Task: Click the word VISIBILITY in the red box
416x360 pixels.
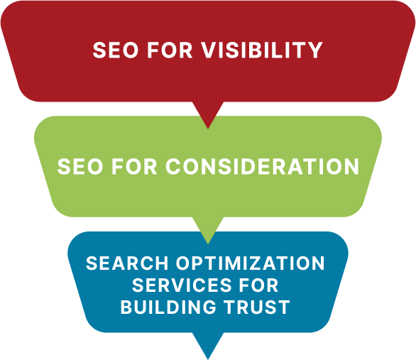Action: pyautogui.click(x=262, y=50)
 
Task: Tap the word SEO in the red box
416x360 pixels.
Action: pyautogui.click(x=116, y=50)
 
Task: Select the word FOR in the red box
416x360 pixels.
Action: pyautogui.click(x=170, y=50)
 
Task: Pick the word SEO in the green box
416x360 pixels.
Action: pyautogui.click(x=80, y=166)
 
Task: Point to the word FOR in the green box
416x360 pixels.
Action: pyautogui.click(x=134, y=166)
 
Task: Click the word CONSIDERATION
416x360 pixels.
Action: pyautogui.click(x=262, y=166)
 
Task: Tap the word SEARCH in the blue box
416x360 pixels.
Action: pyautogui.click(x=127, y=263)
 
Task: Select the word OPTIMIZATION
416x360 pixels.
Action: pyautogui.click(x=251, y=263)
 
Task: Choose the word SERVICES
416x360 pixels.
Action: pyautogui.click(x=182, y=285)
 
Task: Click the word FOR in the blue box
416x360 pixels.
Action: pyautogui.click(x=258, y=285)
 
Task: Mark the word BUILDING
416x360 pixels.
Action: pyautogui.click(x=168, y=307)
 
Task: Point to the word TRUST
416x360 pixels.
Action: pyautogui.click(x=256, y=307)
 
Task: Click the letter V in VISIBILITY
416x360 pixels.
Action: pyautogui.click(x=209, y=50)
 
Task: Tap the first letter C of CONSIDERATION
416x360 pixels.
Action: pyautogui.click(x=174, y=166)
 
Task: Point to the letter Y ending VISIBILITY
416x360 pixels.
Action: pyautogui.click(x=315, y=50)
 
